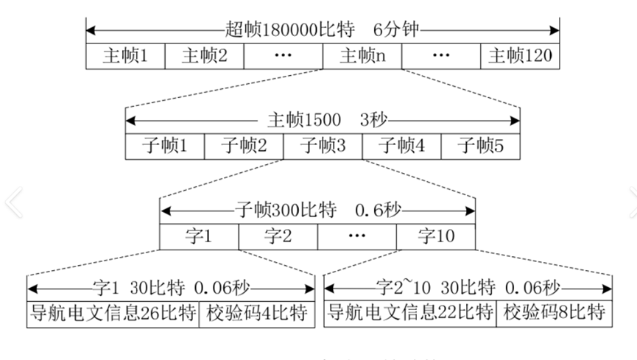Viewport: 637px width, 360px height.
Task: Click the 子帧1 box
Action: click(164, 146)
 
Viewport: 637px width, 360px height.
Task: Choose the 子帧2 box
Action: click(244, 146)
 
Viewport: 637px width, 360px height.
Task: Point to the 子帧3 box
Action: click(323, 146)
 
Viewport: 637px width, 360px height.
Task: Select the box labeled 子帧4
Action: click(401, 146)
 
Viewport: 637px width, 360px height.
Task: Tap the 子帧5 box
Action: click(480, 146)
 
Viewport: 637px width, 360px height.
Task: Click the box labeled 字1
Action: click(199, 236)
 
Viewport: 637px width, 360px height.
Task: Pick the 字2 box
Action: click(278, 236)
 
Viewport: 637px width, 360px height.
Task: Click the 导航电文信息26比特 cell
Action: click(113, 312)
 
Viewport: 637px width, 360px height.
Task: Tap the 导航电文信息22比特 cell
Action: click(411, 312)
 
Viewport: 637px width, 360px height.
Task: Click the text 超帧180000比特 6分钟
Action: click(324, 31)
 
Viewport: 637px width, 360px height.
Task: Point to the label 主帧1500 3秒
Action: click(323, 120)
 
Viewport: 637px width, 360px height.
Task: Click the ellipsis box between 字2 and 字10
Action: click(357, 236)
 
